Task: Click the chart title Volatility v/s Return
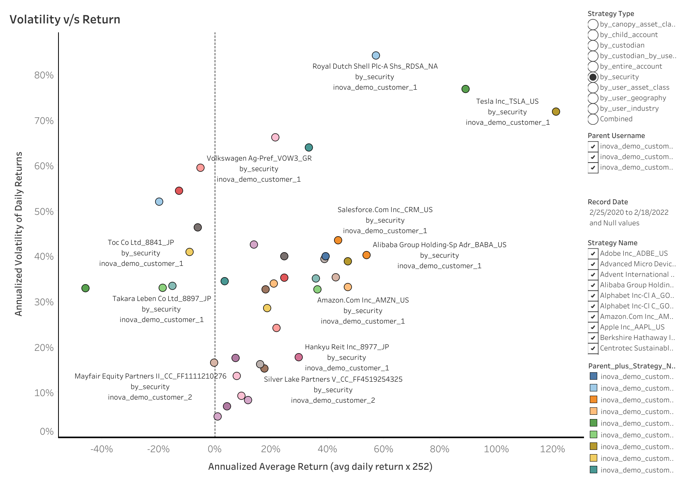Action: click(x=65, y=19)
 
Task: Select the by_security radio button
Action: click(x=593, y=77)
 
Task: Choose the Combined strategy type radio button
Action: click(x=593, y=119)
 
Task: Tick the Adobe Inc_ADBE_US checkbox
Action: click(x=593, y=253)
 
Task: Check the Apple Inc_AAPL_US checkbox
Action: click(x=593, y=327)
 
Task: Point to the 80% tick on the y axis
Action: click(x=44, y=75)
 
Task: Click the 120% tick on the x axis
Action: click(x=552, y=449)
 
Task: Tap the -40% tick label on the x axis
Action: click(x=102, y=449)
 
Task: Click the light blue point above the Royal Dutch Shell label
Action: click(x=376, y=56)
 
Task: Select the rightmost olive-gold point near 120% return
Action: click(x=556, y=112)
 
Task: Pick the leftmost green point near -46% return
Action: click(x=85, y=288)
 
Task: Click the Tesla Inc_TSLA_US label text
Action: click(x=507, y=101)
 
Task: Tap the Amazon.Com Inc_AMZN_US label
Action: click(x=363, y=300)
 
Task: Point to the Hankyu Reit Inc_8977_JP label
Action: click(x=347, y=347)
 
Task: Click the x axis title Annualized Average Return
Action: click(x=320, y=467)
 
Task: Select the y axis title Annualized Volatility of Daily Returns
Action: click(x=18, y=234)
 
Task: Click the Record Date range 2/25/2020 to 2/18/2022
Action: click(x=629, y=212)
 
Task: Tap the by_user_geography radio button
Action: click(x=593, y=98)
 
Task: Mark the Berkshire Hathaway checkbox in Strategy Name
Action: click(x=593, y=338)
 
